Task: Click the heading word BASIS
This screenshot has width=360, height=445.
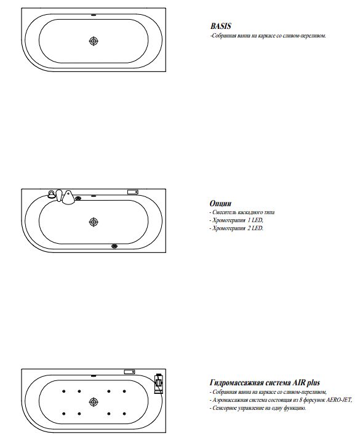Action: [221, 26]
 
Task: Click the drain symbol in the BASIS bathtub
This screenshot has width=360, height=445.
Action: [94, 41]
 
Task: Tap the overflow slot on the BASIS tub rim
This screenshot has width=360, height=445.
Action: [94, 15]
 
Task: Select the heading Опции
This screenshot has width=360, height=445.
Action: [220, 204]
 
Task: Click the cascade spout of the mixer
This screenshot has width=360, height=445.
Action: [68, 197]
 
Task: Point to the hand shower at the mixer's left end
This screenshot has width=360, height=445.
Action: [52, 194]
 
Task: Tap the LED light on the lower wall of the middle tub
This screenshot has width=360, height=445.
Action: [114, 246]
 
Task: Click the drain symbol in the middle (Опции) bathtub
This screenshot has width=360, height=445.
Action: [94, 222]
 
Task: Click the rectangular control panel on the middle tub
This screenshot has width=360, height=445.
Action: [133, 192]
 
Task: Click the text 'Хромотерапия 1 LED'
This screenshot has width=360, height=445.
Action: [238, 220]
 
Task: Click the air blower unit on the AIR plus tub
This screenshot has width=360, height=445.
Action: [158, 383]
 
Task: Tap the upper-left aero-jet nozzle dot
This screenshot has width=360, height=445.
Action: [63, 391]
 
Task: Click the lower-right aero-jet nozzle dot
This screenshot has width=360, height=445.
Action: [124, 414]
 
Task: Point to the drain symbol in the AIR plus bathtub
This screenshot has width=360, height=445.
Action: [94, 402]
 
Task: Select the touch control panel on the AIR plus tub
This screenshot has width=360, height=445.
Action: [129, 372]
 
